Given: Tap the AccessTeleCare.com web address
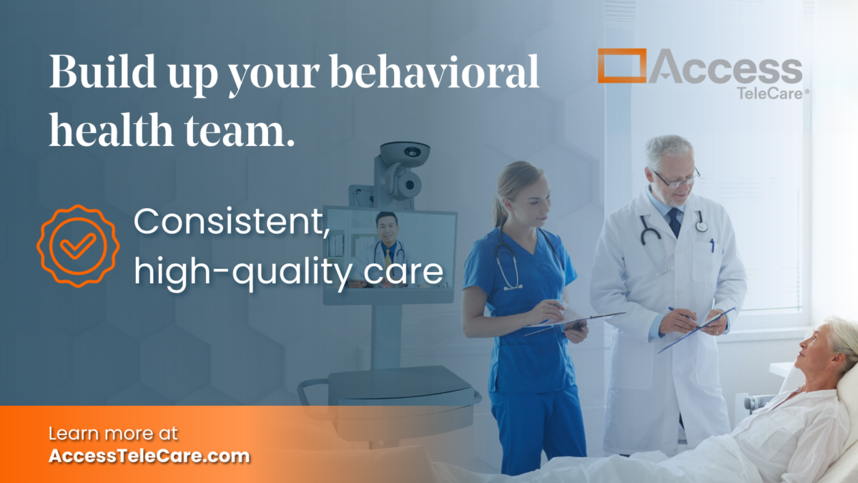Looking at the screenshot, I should (149, 456).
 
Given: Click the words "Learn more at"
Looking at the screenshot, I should (113, 433).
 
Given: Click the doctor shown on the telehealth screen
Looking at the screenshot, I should (387, 243).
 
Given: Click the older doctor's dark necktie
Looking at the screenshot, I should (674, 222).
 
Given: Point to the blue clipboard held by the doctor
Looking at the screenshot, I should (697, 330).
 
